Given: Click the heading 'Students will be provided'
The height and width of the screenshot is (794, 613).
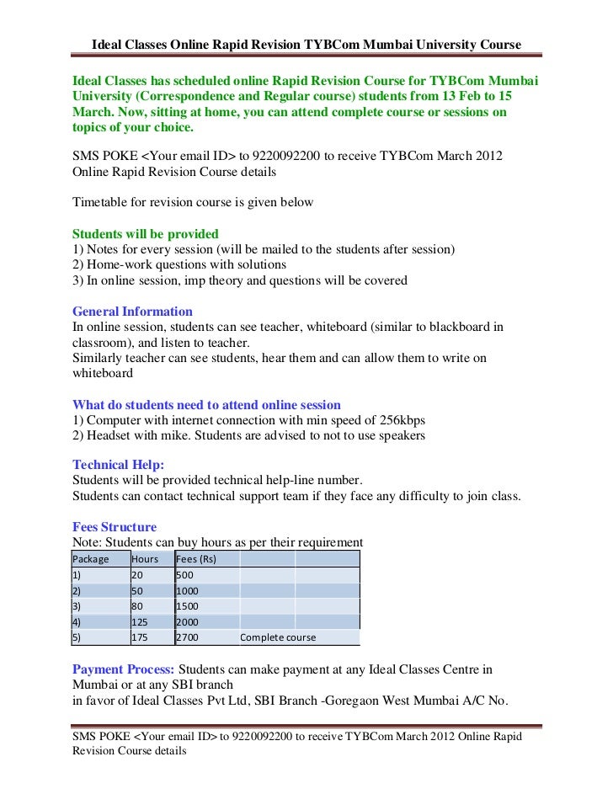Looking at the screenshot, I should coord(146,234).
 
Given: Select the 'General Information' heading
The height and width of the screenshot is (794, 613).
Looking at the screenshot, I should coord(132,312).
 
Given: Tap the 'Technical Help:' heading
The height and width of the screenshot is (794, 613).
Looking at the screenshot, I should coord(118,465).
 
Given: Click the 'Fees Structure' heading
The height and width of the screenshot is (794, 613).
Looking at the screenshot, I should coord(115,527).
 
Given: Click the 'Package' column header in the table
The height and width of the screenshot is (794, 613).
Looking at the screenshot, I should coord(91,559).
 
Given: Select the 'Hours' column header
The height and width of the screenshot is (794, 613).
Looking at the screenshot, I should coord(145,559).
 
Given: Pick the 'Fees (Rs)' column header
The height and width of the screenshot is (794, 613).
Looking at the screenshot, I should coord(196,559).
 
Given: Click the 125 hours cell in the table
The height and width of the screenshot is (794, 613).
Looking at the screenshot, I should coord(140,621).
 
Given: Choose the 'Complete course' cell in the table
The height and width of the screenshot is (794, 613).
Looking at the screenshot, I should coord(278,637).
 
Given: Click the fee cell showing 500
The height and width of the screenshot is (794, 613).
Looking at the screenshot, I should coord(184,575).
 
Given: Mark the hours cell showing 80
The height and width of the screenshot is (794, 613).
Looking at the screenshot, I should coord(137,606).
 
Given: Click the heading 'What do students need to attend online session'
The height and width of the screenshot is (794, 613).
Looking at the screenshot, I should coord(206,404).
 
